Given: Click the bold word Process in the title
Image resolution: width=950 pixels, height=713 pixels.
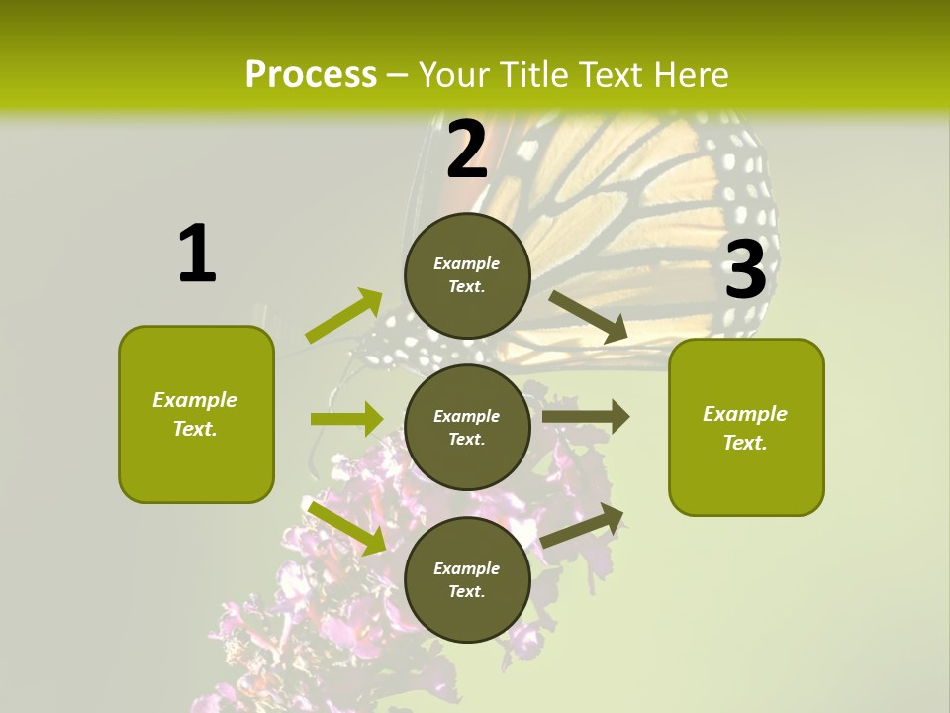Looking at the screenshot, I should point(311,75).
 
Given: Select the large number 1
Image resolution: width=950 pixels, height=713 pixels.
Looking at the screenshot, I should point(197,255).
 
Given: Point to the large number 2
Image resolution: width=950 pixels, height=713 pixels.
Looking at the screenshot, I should point(467,150).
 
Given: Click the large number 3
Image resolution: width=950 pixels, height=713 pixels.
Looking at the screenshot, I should point(745,269).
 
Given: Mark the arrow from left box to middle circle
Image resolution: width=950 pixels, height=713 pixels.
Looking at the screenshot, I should point(346,419).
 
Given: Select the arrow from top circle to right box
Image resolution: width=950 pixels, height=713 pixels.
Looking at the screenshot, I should point(589,317).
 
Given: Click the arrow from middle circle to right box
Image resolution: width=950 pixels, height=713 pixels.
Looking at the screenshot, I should point(586,417).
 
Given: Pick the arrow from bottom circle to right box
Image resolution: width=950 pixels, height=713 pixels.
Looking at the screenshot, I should point(583,525).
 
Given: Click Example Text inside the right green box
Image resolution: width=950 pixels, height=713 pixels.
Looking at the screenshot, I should point(745,428).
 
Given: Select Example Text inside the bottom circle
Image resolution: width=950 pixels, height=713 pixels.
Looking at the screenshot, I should point(467,579).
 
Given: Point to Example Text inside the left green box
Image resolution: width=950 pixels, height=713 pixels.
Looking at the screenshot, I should point(195,414).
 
